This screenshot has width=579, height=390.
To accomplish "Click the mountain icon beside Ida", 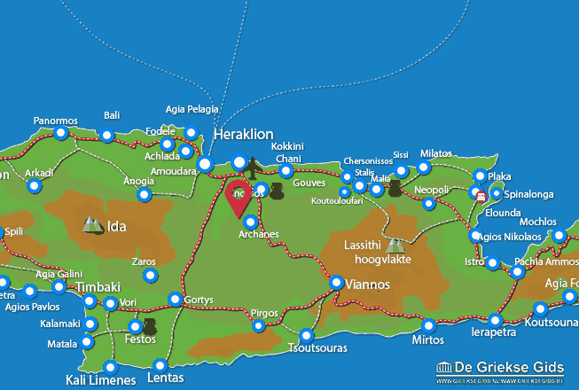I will (92, 226).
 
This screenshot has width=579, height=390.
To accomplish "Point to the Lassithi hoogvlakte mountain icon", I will (394, 244).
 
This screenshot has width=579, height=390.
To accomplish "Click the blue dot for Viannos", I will (337, 283).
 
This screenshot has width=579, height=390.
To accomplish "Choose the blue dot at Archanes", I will (251, 222).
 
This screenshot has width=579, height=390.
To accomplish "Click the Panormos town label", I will (56, 121).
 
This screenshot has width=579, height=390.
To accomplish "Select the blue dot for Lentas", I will (160, 365).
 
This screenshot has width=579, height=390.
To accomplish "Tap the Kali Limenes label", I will (100, 380).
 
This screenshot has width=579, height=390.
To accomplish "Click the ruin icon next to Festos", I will (150, 327).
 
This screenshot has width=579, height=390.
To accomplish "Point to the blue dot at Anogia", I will (144, 194).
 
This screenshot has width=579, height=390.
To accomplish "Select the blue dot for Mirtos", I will (429, 325).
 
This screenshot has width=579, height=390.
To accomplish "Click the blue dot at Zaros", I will (150, 277).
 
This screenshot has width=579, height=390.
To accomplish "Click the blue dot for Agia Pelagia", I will (191, 133).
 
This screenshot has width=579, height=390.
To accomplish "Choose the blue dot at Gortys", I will (176, 300).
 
